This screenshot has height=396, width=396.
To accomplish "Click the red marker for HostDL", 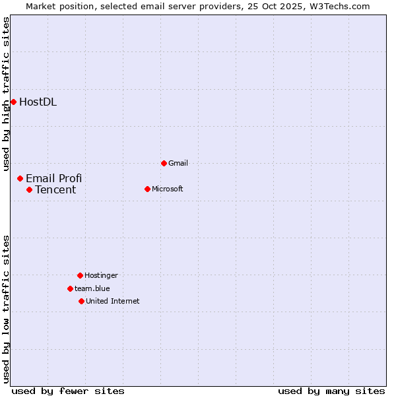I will coord(13,102).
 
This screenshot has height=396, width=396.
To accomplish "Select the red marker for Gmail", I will coord(164,163).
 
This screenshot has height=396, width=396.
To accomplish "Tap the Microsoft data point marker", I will coord(147,189).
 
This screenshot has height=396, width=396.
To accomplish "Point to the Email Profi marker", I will coord(20,178).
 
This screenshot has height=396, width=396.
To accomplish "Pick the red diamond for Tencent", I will coord(29,189).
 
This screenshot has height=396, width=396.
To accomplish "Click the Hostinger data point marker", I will coord(80,275).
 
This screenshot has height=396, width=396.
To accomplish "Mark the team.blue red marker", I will coord(70,288).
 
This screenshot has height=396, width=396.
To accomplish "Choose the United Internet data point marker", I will coord(81,301).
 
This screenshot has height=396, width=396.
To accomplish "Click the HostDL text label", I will coord(38,102).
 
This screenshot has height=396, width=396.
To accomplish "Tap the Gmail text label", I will coord(178,163).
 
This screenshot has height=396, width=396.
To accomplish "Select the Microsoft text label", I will coord(167,189).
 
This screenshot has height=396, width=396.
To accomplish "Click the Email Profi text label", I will coord(53,178).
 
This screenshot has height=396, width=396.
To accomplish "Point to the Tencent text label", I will coord(55,190).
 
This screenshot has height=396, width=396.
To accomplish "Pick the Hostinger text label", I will coord(101,275).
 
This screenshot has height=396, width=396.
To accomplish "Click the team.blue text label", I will coord(92,288).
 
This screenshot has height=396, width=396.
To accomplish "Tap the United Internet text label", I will coord(112,301).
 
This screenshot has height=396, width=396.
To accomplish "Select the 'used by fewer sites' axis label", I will coord(68,391).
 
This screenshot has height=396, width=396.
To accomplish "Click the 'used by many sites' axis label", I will coord(331,391).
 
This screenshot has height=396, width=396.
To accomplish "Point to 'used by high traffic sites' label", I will coord(6,94).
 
